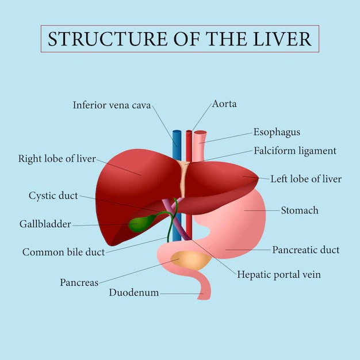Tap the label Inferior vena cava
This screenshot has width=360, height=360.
coord(112,105)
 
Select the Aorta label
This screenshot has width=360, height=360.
coord(224,104)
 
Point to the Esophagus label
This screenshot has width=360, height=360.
coord(277,132)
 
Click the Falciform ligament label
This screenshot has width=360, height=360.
coord(294,151)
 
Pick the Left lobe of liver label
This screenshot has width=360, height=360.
coord(306,179)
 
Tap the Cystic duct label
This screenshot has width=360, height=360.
coord(53,196)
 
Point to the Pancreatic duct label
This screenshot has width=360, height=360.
coord(305,250)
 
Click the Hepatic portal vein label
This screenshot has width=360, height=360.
coord(279,274)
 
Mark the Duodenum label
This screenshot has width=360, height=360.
coord(133,293)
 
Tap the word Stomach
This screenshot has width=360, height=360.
coord(299,210)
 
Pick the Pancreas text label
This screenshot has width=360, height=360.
coord(79,282)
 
